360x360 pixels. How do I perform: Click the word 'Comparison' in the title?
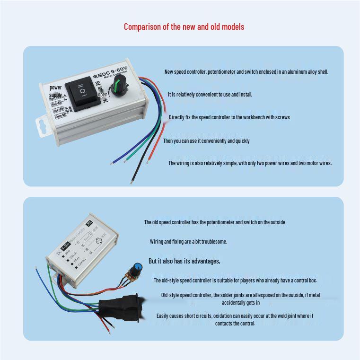(x=141, y=27)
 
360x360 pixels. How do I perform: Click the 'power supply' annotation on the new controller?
(x=56, y=91)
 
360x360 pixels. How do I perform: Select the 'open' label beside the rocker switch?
(x=103, y=95)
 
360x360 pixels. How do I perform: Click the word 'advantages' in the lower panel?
(x=204, y=261)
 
